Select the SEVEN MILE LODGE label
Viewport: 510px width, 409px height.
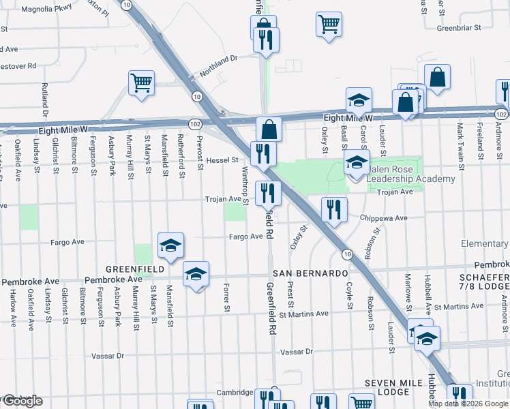397,387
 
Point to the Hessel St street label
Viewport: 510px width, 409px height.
223,160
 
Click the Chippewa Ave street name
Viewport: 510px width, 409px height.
384,218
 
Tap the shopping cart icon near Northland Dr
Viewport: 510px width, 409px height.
141,84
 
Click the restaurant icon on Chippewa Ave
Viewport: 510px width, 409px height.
333,210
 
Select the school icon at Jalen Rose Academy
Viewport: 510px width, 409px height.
356,164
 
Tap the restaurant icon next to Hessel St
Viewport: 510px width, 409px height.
262,154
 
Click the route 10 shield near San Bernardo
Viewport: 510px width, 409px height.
347,254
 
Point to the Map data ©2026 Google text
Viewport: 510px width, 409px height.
468,404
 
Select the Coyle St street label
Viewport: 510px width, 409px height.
348,298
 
